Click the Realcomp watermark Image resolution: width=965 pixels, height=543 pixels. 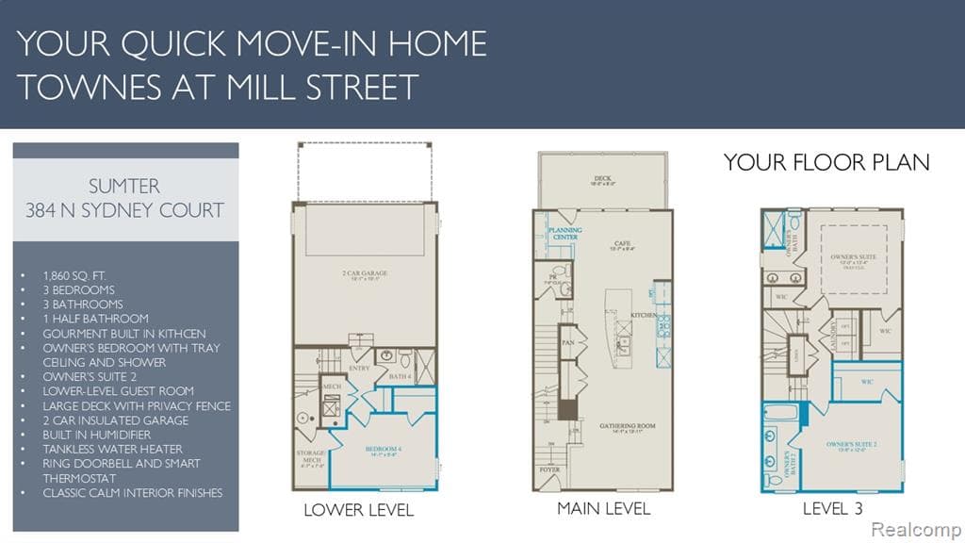pyautogui.click(x=915, y=530)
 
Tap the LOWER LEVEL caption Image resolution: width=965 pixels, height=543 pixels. pyautogui.click(x=358, y=510)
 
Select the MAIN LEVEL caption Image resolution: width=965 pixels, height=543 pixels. pyautogui.click(x=603, y=508)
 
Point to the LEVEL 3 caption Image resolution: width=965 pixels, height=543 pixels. pyautogui.click(x=832, y=508)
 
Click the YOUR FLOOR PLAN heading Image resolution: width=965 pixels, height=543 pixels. pyautogui.click(x=826, y=162)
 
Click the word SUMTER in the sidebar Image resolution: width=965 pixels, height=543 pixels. pyautogui.click(x=125, y=185)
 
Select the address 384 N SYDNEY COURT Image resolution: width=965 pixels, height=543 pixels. pyautogui.click(x=125, y=209)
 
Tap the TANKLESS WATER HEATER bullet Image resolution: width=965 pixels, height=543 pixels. pyautogui.click(x=112, y=449)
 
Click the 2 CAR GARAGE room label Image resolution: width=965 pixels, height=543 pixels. pyautogui.click(x=365, y=273)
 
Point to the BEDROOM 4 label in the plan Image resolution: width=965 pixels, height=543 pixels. pyautogui.click(x=387, y=450)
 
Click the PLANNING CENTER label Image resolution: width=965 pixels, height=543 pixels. pyautogui.click(x=565, y=233)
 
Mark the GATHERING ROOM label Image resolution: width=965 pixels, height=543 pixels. pyautogui.click(x=627, y=426)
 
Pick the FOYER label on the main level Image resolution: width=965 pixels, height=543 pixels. pyautogui.click(x=549, y=469)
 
